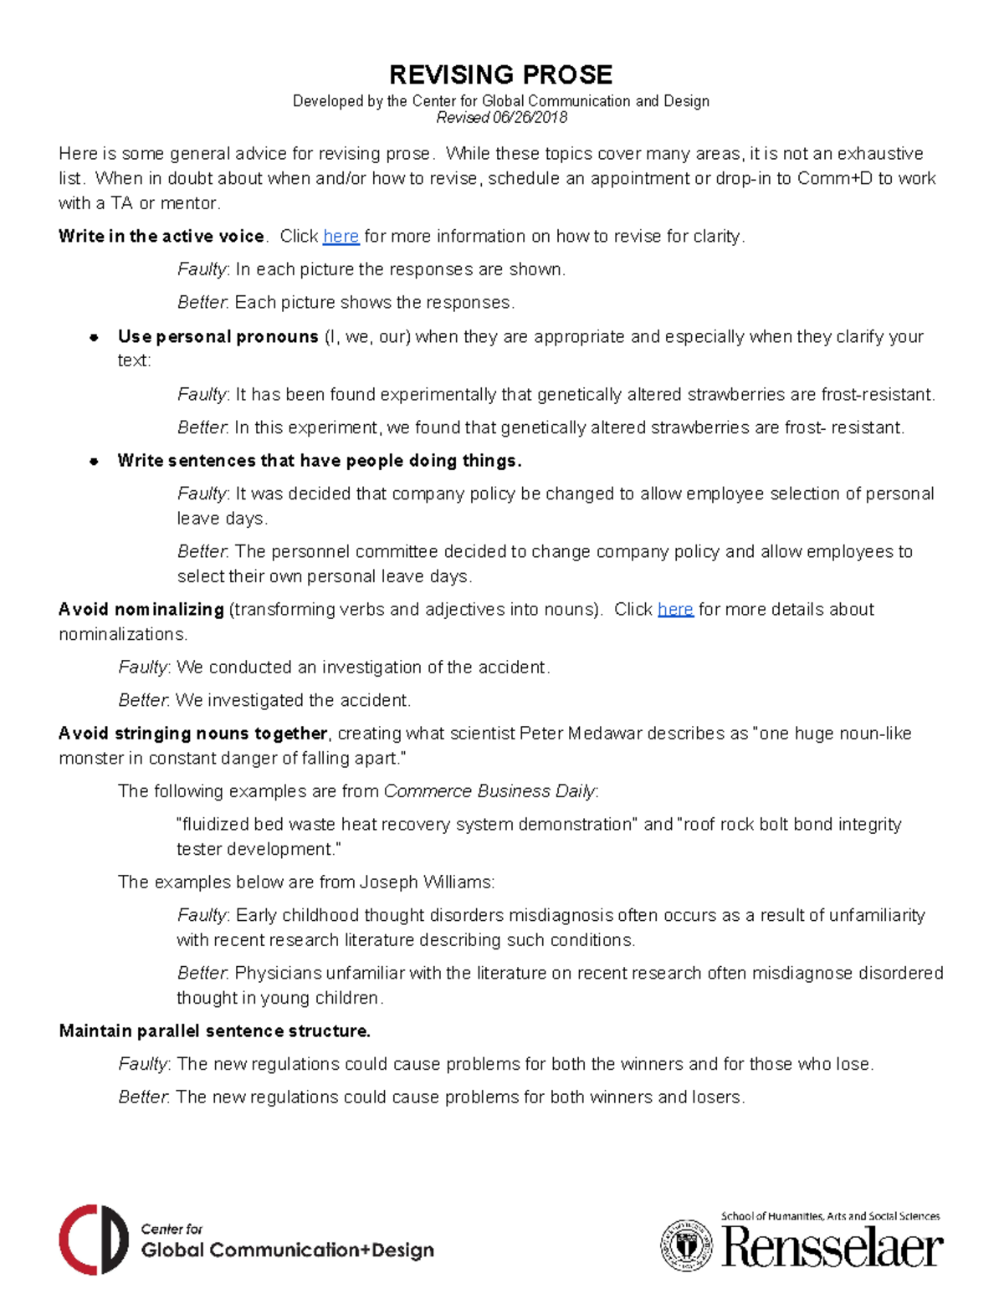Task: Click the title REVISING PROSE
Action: click(x=500, y=74)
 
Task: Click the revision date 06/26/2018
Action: click(x=530, y=118)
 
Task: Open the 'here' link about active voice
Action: click(x=341, y=237)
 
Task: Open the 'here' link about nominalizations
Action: click(x=675, y=610)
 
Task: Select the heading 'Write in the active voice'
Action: click(x=161, y=237)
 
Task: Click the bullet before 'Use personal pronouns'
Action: click(x=95, y=337)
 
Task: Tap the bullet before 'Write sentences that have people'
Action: click(x=95, y=461)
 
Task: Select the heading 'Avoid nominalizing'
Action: click(x=141, y=610)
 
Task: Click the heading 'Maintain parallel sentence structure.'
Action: click(x=214, y=1031)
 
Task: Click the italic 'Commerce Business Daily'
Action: click(x=489, y=791)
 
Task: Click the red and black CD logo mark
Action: click(x=93, y=1240)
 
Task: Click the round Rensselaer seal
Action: click(x=687, y=1245)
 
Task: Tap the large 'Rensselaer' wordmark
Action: click(x=832, y=1247)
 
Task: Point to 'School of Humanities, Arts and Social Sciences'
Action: click(x=830, y=1216)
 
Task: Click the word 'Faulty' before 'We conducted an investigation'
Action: click(x=143, y=667)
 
